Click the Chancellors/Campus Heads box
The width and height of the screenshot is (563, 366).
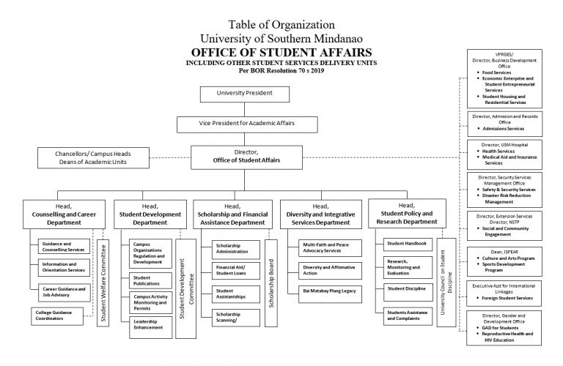pos(93,157)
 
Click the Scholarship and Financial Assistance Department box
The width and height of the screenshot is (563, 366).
pos(233,213)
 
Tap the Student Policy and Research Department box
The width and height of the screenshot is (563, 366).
pos(411,213)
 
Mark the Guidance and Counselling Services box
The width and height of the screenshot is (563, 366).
pos(65,247)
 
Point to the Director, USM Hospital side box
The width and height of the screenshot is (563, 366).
pos(504,153)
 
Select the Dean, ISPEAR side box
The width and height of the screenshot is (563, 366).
pos(504,260)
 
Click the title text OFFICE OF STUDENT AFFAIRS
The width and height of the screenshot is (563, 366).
pos(281,53)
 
